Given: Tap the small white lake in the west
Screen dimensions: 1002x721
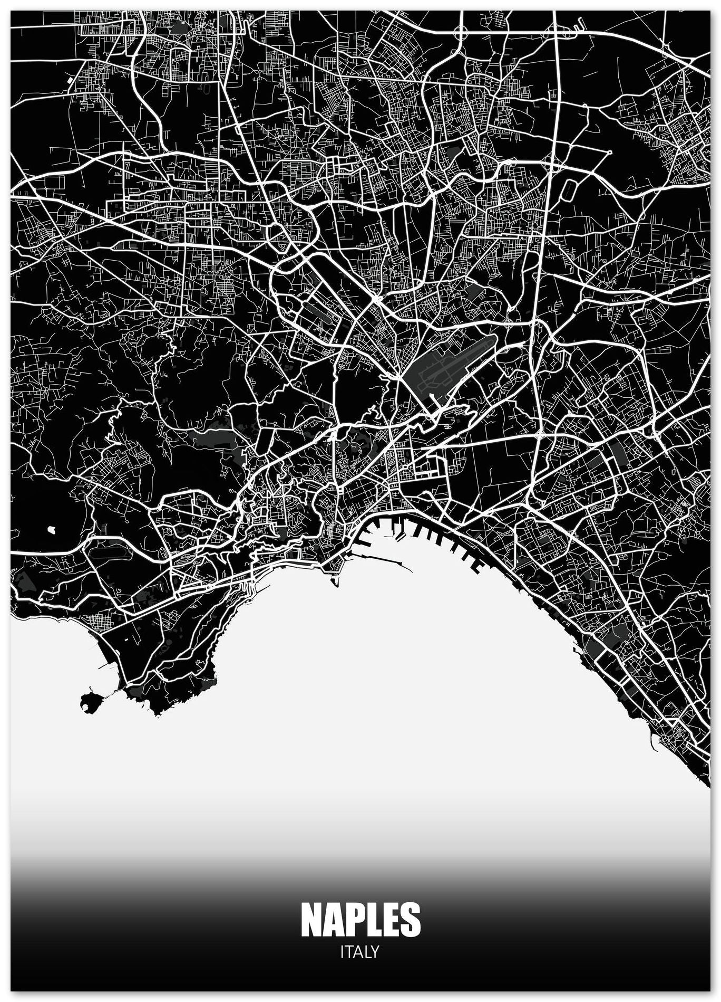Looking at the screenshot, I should coord(52,528).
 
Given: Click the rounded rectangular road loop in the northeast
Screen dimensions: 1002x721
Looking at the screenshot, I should coord(570,188).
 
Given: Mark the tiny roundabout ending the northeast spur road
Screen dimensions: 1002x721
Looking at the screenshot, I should coord(609,152).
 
